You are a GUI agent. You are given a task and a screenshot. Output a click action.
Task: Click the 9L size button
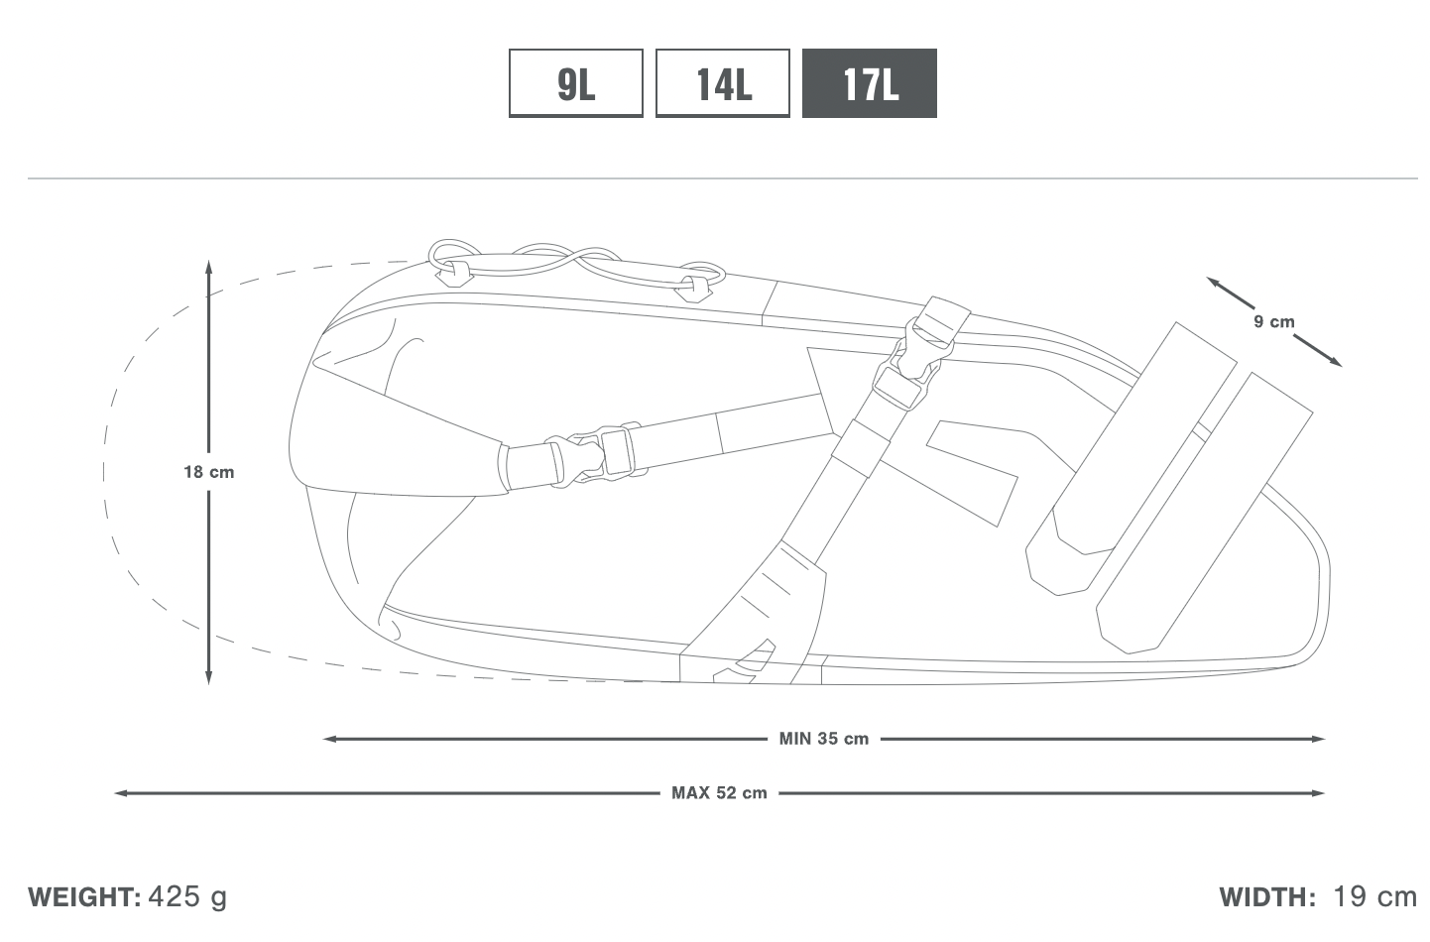[x=576, y=83]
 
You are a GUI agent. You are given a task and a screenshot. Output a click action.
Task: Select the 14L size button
[x=723, y=83]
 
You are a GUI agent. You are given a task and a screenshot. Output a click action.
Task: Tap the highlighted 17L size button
[x=870, y=83]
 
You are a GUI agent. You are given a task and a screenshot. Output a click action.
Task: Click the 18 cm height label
[x=209, y=472]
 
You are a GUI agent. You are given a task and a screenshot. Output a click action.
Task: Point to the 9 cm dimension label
[x=1274, y=321]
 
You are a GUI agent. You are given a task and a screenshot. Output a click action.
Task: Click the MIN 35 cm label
[x=823, y=739]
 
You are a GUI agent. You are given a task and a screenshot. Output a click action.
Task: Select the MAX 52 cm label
[x=719, y=793]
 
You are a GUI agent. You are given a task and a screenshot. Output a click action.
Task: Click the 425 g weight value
[x=187, y=897]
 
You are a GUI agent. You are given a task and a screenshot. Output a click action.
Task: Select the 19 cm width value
[x=1375, y=896]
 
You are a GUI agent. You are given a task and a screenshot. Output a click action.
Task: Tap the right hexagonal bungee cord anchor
[x=693, y=291]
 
